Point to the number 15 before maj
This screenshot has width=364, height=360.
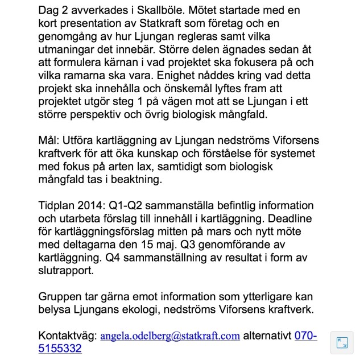(145, 246)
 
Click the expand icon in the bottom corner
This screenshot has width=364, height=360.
(342, 343)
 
